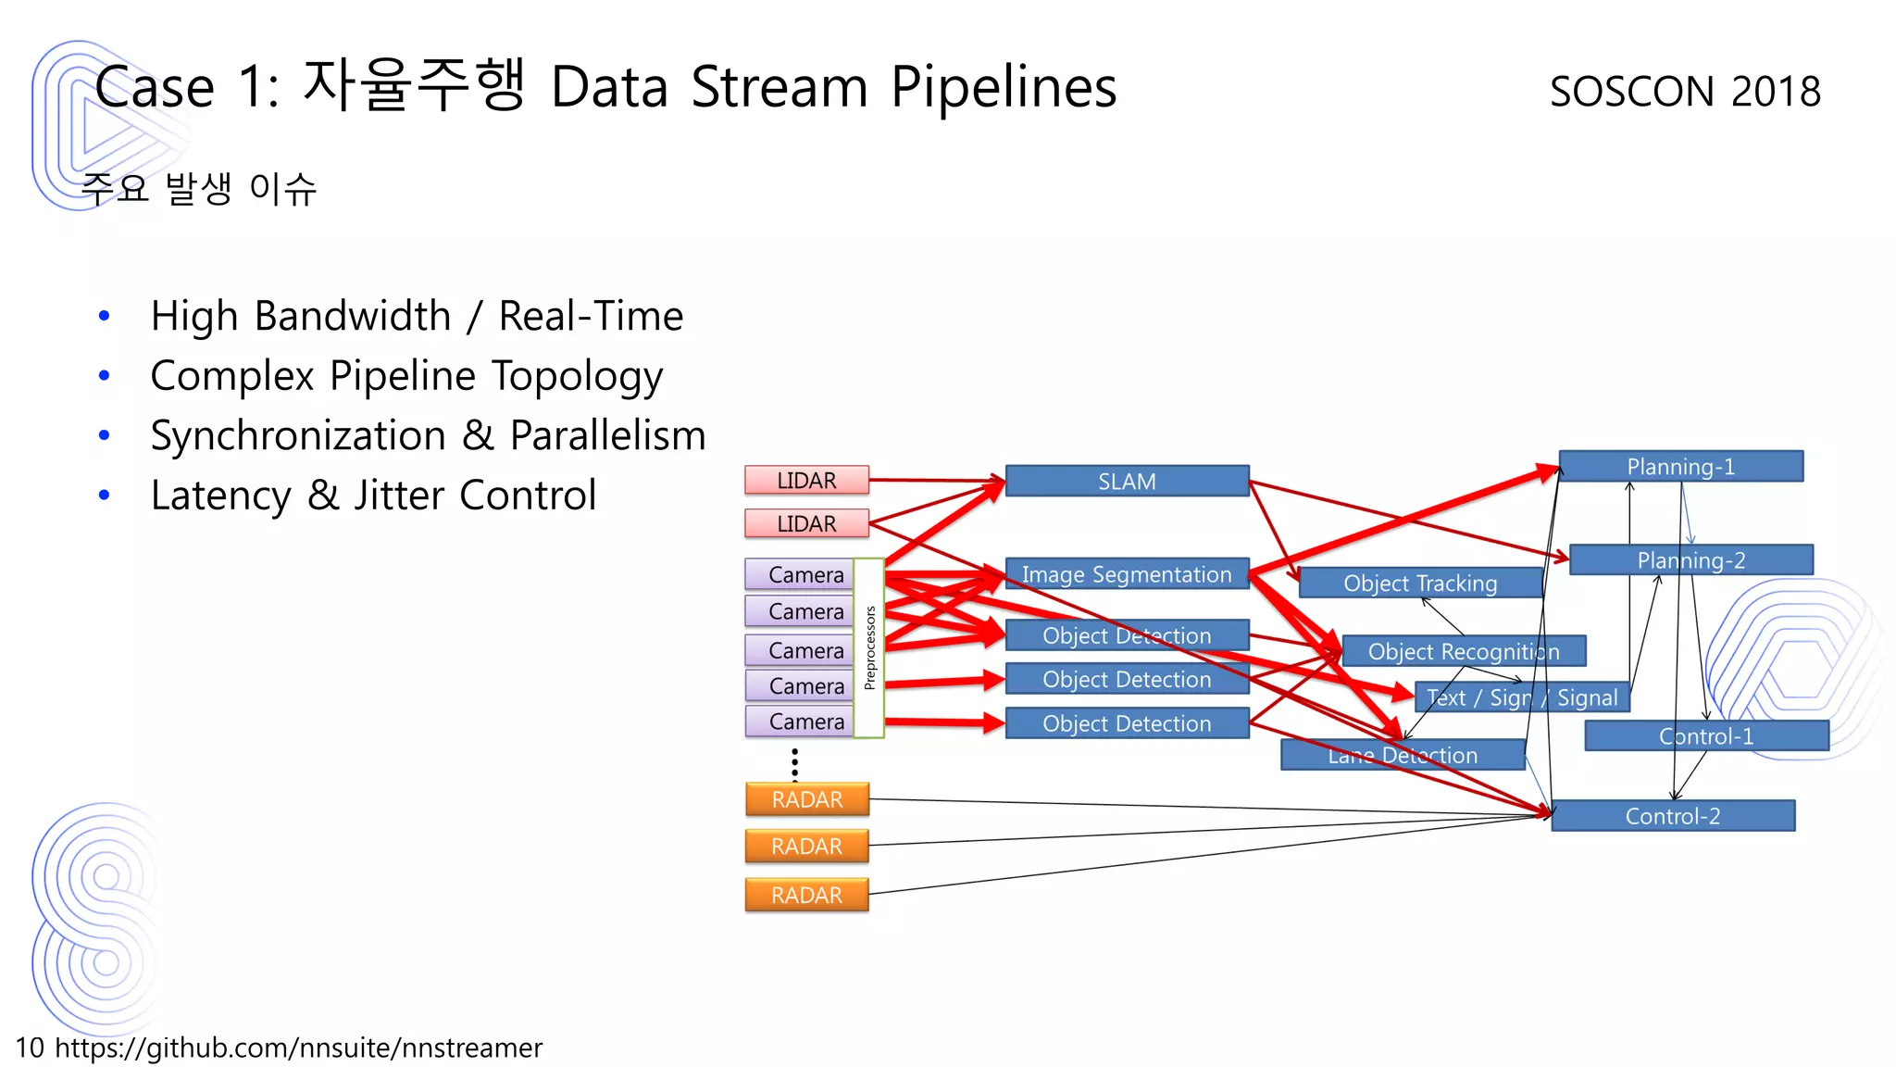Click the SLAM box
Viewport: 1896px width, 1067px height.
[x=1127, y=481]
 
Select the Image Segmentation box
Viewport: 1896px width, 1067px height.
[x=1127, y=574]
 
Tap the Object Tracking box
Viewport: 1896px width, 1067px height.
[x=1419, y=583]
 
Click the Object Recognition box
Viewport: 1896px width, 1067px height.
[x=1463, y=651]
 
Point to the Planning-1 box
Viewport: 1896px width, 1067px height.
[x=1680, y=466]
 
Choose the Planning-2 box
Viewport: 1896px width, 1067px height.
[x=1690, y=559]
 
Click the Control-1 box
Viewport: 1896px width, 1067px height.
[x=1705, y=736]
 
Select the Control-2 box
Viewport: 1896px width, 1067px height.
[x=1672, y=816]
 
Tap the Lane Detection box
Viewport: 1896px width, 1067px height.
[x=1402, y=755]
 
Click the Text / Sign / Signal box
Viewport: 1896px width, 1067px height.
[x=1521, y=697]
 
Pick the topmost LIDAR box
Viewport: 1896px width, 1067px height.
[x=806, y=480]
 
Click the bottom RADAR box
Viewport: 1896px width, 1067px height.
[x=806, y=895]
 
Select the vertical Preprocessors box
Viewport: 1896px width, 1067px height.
[x=868, y=647]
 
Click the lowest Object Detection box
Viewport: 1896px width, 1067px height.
[x=1127, y=723]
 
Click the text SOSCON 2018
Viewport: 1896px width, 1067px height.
[x=1684, y=91]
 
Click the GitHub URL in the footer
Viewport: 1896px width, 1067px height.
[x=298, y=1048]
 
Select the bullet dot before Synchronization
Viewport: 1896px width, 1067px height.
[x=105, y=435]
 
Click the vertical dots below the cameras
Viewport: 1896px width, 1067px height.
[x=794, y=764]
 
